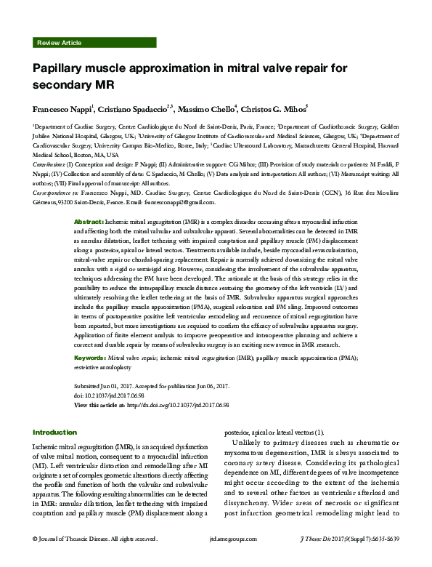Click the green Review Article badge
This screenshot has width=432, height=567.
pyautogui.click(x=59, y=44)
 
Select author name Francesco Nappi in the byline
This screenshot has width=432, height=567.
pyautogui.click(x=61, y=108)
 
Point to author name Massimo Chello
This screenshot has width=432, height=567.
pyautogui.click(x=204, y=108)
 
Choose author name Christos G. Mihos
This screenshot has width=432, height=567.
pyautogui.click(x=273, y=108)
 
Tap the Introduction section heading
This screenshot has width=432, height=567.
pyautogui.click(x=54, y=432)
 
